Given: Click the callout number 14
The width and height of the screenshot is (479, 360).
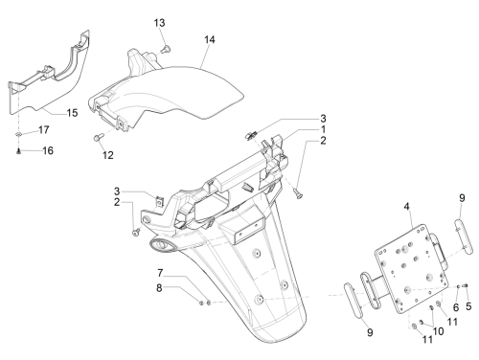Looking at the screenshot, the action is tap(210, 39).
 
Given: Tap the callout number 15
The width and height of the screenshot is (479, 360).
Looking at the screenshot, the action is tap(72, 113).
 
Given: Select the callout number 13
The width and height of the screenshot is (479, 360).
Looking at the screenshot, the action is tap(159, 23).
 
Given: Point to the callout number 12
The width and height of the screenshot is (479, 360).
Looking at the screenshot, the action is tap(108, 155).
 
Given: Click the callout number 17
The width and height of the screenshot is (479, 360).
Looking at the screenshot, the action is tap(44, 129).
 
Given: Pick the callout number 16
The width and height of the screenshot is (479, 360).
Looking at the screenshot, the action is tap(48, 150).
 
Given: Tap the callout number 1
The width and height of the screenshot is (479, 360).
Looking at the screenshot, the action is tap(323, 129).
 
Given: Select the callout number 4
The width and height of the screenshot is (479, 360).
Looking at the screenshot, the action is tap(406, 207).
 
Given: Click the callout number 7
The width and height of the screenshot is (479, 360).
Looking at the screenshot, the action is tap(160, 273).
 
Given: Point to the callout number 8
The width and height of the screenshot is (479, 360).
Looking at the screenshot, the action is tap(159, 288).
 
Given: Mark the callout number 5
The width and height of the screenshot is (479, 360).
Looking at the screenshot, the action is tap(468, 306).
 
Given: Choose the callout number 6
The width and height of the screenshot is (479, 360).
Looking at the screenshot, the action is tap(456, 307).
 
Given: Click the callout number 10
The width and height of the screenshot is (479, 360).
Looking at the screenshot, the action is tap(438, 331).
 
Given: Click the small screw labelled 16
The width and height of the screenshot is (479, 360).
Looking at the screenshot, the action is tap(18, 152).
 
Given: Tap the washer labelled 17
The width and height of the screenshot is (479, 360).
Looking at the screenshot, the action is tap(19, 134).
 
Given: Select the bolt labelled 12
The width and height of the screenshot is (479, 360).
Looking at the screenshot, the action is tap(98, 138).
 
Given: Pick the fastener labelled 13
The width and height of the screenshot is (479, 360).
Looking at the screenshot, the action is tap(166, 50).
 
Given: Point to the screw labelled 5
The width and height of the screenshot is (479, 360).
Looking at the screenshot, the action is tap(466, 285).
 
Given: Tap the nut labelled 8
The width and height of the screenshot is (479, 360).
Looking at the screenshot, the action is tap(201, 303).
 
